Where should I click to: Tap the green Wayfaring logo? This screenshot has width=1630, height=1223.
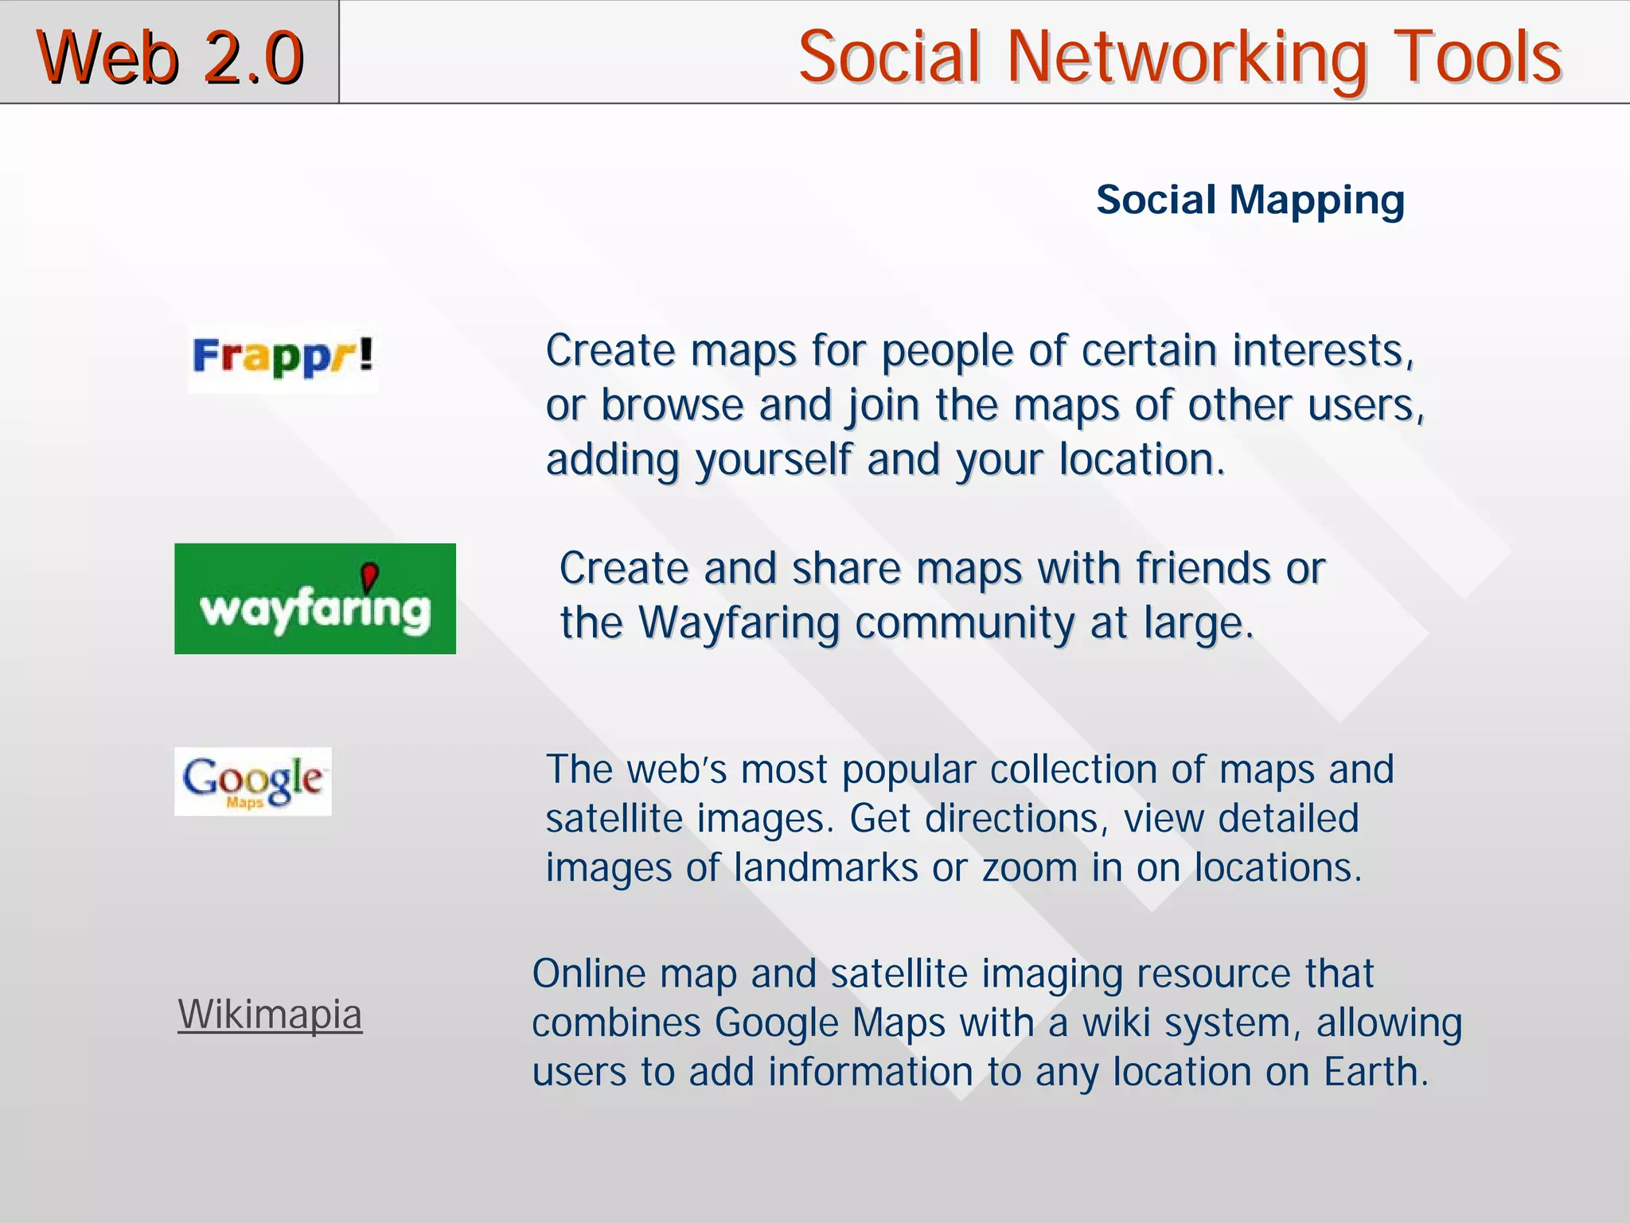point(314,598)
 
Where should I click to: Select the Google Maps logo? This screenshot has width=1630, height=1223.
point(252,781)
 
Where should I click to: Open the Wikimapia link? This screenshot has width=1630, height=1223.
point(270,1015)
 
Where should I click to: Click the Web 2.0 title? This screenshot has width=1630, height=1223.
point(170,56)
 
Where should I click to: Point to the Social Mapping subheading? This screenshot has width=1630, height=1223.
point(1250,200)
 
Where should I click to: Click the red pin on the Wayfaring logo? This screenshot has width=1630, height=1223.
point(369,575)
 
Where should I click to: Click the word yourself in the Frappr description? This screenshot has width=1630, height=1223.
point(773,461)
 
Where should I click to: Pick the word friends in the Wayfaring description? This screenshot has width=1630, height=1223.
point(1203,568)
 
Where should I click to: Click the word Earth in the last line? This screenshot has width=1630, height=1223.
point(1375,1072)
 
